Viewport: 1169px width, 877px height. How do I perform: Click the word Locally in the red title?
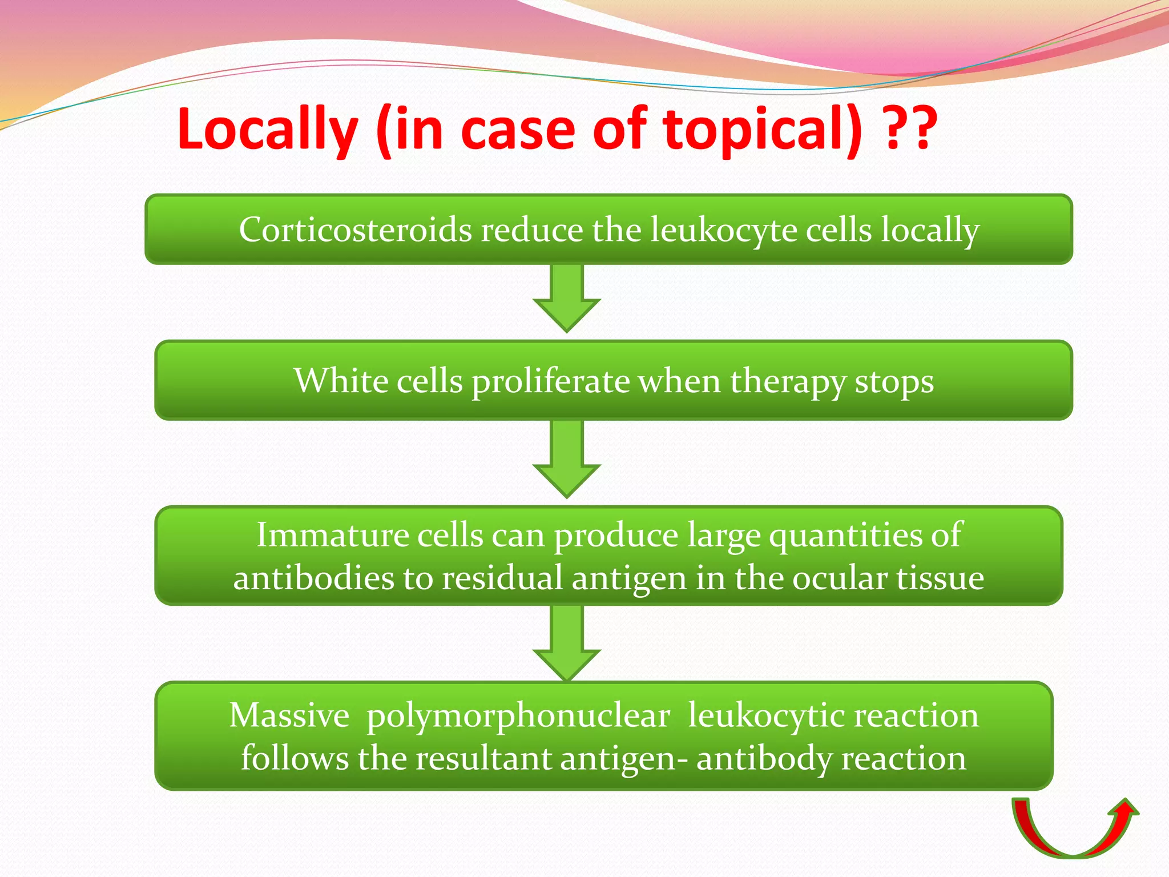[x=267, y=130]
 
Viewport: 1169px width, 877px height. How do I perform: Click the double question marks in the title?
[x=910, y=130]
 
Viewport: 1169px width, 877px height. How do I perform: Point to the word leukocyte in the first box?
[x=723, y=231]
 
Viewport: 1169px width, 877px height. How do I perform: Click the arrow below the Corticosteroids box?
[x=566, y=300]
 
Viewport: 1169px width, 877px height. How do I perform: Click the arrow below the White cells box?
[x=566, y=460]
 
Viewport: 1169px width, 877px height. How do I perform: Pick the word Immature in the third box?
[x=332, y=535]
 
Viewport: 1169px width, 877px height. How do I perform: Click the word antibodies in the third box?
[x=313, y=578]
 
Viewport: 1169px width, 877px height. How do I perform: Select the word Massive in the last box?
[x=289, y=715]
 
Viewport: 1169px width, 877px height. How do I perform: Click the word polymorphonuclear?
[x=518, y=716]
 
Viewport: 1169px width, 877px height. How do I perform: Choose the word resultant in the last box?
[x=483, y=758]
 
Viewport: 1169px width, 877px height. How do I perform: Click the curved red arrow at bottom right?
[x=1073, y=831]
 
